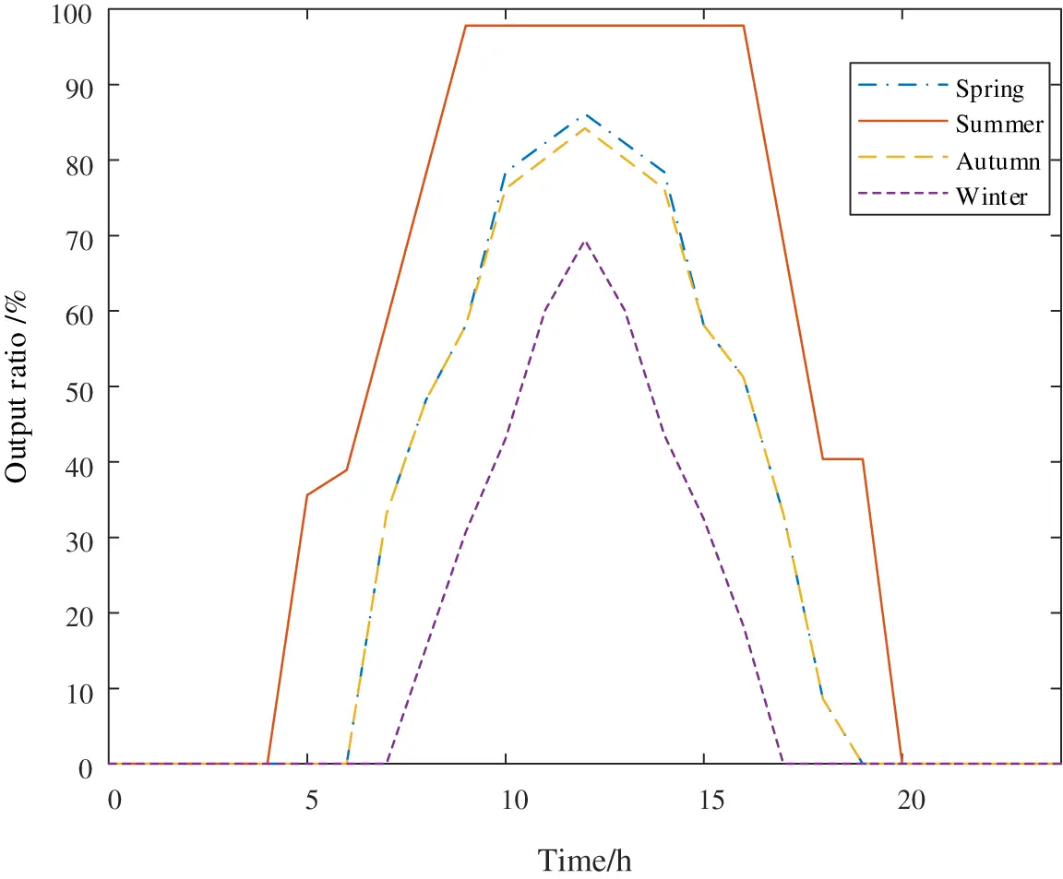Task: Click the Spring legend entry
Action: point(989,89)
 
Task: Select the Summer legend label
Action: point(999,124)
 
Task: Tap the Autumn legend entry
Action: point(997,161)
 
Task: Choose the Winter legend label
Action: point(992,196)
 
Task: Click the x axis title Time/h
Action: point(585,860)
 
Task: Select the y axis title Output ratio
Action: point(18,387)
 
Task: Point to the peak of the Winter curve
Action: point(585,240)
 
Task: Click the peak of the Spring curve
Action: point(585,116)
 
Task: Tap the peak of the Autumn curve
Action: point(585,127)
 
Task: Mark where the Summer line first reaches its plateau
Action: point(466,26)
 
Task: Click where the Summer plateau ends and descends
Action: point(744,26)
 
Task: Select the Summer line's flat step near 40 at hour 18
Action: point(842,458)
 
